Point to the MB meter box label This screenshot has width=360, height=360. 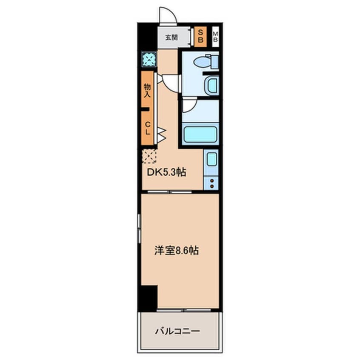click(215, 37)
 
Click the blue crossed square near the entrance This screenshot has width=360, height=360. click(149, 59)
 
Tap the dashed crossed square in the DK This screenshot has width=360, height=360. click(149, 156)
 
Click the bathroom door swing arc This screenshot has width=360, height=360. click(189, 106)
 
